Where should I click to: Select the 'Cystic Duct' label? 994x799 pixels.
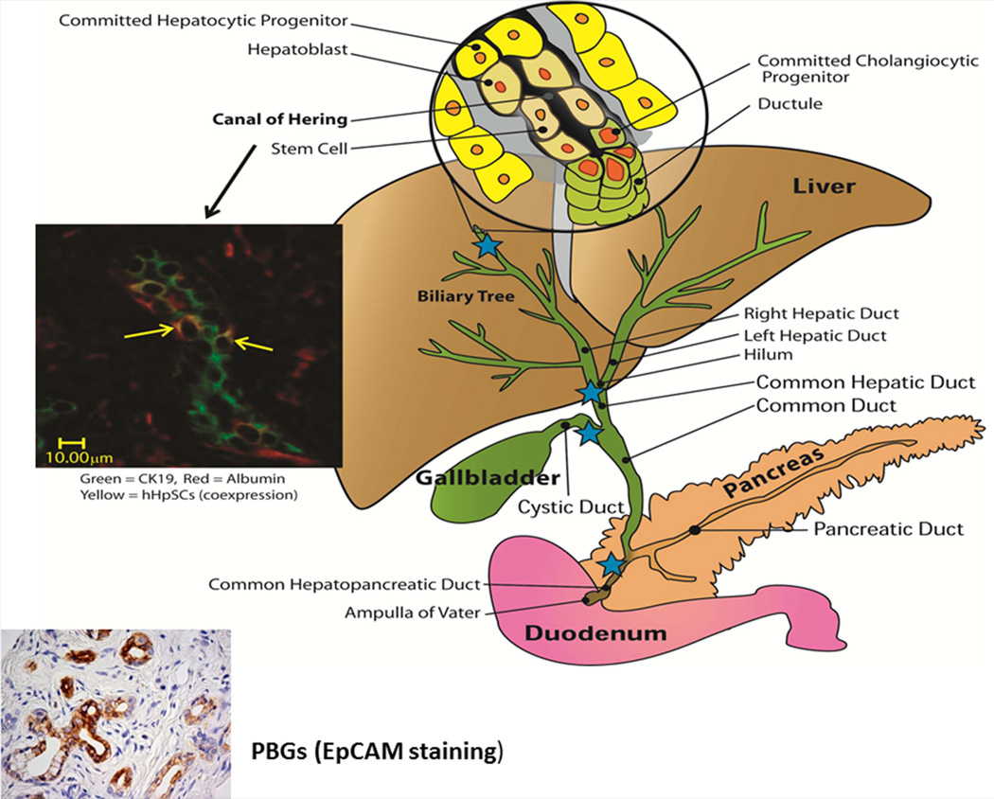coord(572,507)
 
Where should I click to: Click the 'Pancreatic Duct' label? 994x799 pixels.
coord(889,528)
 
